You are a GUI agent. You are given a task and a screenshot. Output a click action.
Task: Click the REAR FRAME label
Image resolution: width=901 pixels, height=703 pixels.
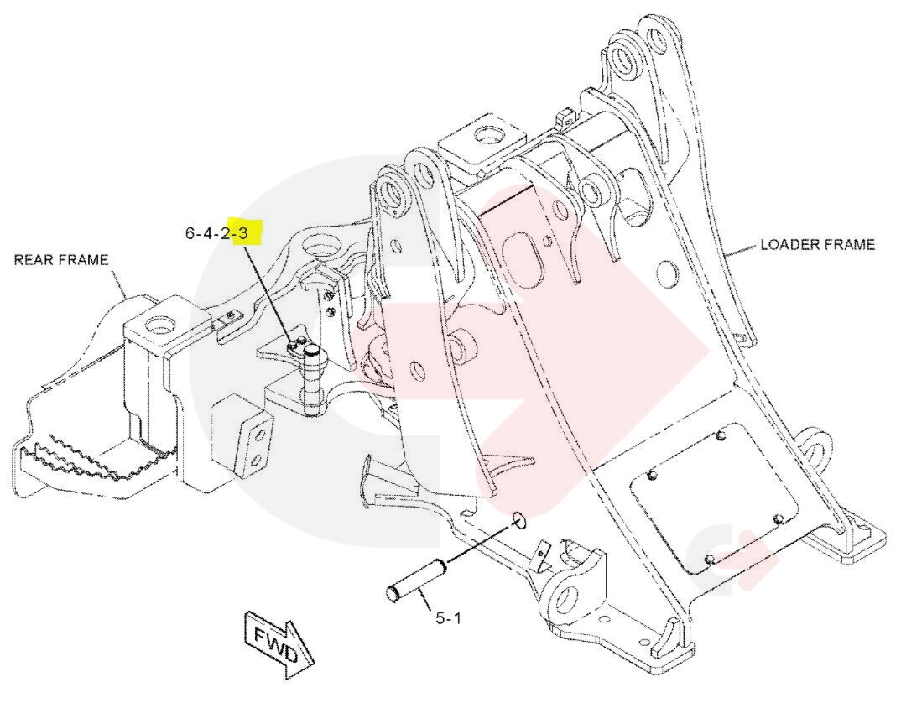60,260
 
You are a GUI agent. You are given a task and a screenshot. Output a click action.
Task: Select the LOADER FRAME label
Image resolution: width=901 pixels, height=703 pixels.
817,245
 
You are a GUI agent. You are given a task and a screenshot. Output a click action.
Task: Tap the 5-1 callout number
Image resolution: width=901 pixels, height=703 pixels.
448,619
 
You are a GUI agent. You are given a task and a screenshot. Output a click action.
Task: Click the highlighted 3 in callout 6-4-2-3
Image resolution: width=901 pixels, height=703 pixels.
243,232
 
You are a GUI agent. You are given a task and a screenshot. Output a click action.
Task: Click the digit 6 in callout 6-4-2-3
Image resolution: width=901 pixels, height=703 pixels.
190,232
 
